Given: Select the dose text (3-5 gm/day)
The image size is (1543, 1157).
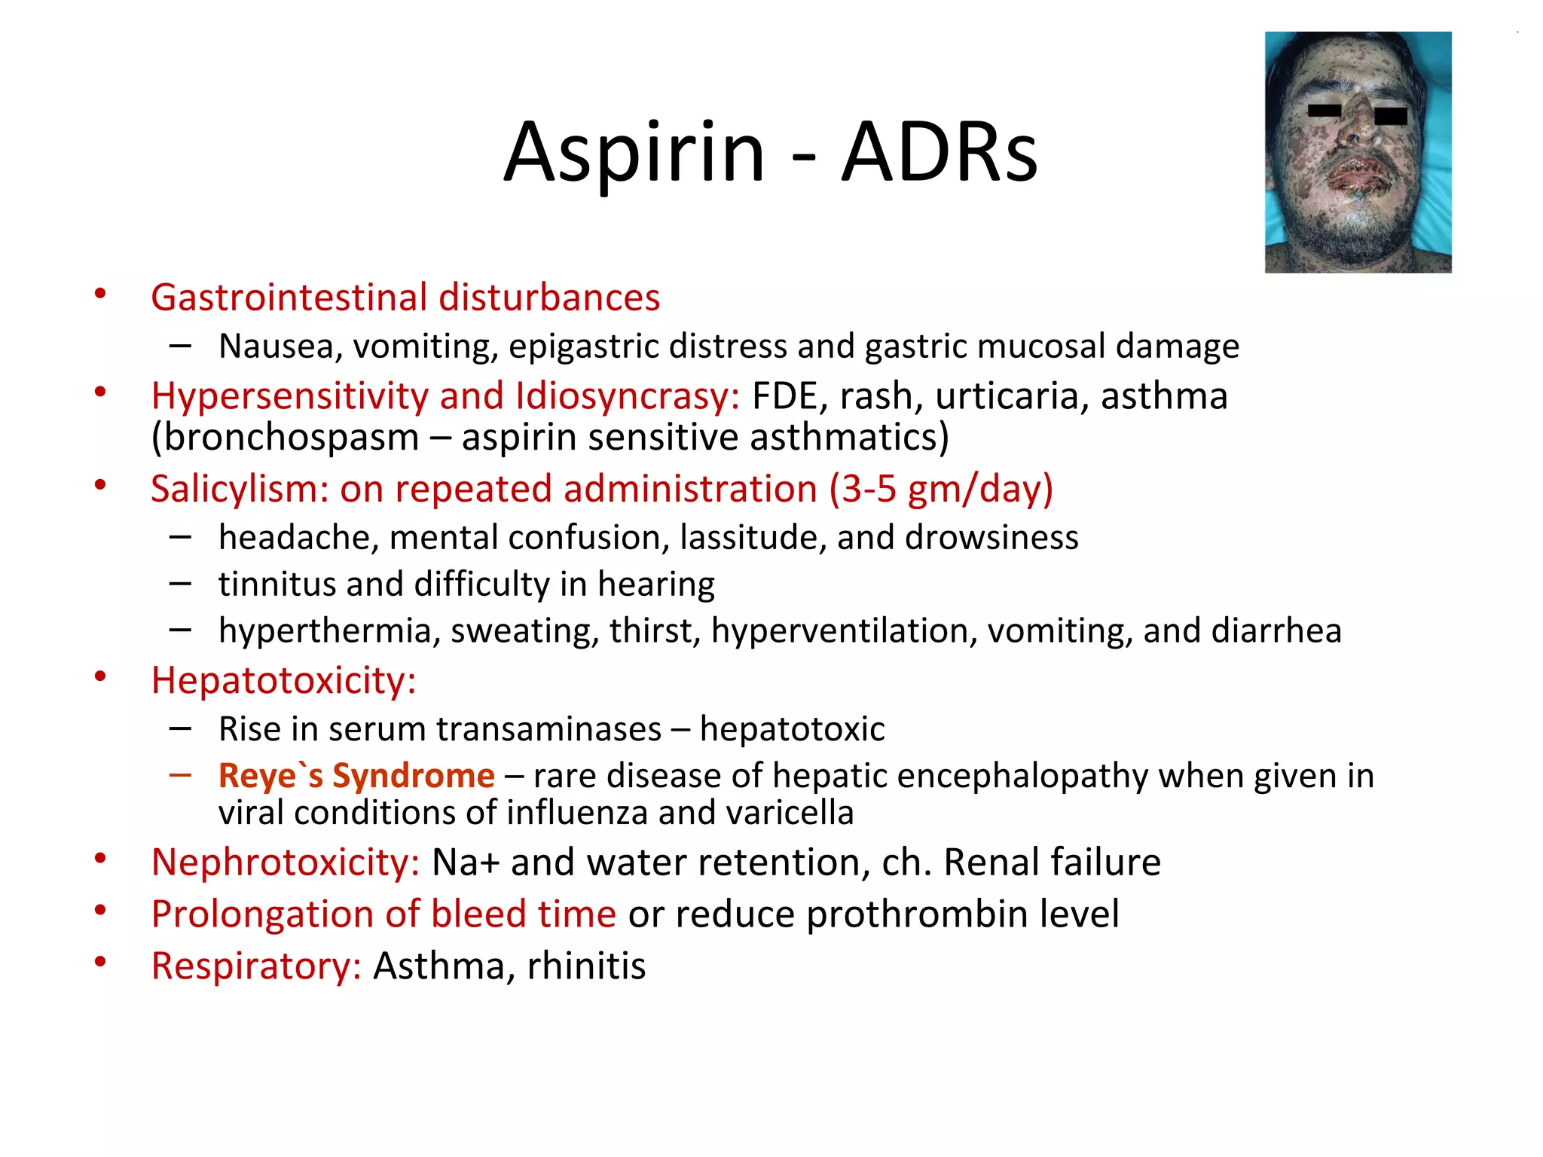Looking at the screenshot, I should coord(940,489).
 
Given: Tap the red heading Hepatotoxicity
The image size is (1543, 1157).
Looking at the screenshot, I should coord(283,681).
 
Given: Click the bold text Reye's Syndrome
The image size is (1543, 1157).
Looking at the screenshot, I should coord(356,776).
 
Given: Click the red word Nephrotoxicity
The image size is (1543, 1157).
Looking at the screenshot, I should coord(285,862).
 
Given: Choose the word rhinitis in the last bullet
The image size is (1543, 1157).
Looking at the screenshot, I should coord(586,966).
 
